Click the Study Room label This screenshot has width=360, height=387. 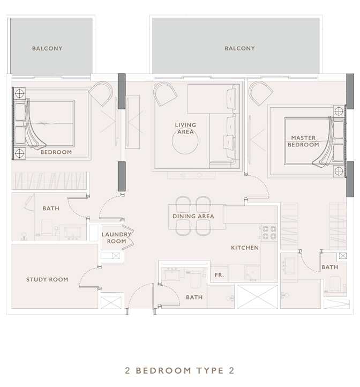click(47, 279)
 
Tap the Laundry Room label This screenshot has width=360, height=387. click(116, 237)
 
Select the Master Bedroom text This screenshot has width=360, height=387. click(304, 141)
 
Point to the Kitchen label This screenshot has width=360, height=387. click(245, 248)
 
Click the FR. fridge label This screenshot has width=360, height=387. click(219, 275)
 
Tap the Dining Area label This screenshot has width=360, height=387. click(193, 216)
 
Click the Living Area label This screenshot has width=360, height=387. click(185, 128)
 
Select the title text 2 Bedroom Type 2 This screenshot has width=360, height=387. click(179, 370)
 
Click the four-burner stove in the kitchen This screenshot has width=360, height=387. click(269, 233)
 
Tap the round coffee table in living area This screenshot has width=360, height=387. click(185, 142)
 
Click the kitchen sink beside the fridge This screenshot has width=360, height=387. click(252, 273)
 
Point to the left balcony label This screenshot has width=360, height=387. click(47, 48)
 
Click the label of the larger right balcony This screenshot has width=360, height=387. click(239, 48)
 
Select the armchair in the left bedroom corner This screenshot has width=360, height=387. click(101, 93)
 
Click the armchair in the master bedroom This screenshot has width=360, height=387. click(260, 93)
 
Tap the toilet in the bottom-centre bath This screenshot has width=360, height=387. click(196, 280)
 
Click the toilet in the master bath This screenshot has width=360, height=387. click(335, 284)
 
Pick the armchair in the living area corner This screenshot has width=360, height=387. click(165, 94)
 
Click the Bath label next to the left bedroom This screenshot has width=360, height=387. click(51, 209)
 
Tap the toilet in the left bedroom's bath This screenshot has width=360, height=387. click(47, 227)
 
